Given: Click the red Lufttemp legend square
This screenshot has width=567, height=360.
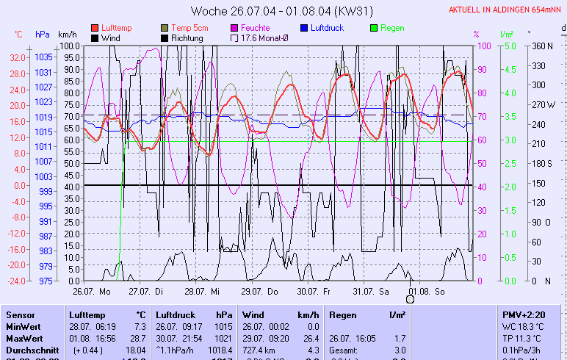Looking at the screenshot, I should click(x=95, y=27).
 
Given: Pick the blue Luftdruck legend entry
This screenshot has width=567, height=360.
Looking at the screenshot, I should click(x=327, y=27).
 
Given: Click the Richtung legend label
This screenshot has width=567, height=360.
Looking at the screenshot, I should click(x=187, y=37).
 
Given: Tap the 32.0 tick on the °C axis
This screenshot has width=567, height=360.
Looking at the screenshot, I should click(x=18, y=57).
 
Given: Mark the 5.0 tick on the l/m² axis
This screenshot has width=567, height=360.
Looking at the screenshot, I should click(x=506, y=46).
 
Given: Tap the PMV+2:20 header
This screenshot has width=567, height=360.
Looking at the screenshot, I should click(x=521, y=314).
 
